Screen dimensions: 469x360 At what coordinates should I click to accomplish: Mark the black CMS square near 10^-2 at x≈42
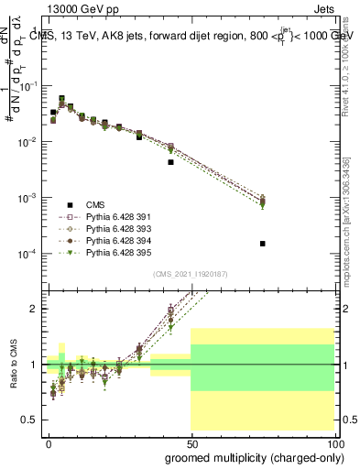(x=170, y=162)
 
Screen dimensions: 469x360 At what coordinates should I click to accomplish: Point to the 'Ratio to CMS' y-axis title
(x=13, y=365)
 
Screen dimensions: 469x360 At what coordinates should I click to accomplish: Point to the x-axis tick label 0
(x=49, y=442)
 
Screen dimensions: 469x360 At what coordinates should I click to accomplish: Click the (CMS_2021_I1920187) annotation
(x=190, y=272)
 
